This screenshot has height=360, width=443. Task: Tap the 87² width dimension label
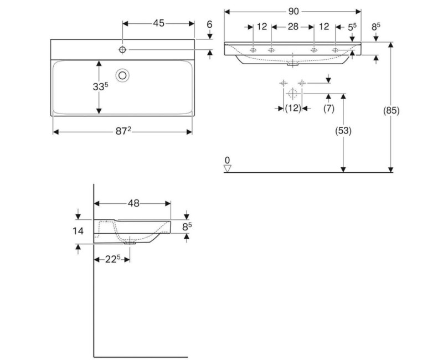123,131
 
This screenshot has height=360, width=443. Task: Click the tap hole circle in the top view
122,50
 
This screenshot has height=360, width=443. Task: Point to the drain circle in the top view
123,74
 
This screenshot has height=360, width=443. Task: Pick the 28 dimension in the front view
292,27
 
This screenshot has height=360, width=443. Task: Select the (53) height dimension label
343,131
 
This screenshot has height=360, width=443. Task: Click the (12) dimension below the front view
292,109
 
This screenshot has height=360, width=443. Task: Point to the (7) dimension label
328,109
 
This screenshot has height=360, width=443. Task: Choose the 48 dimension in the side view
133,203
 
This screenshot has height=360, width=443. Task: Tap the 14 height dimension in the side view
78,230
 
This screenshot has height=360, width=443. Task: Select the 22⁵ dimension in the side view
112,259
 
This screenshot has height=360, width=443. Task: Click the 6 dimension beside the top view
209,24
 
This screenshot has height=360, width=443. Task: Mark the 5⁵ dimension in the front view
353,27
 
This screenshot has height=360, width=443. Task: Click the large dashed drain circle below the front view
292,92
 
